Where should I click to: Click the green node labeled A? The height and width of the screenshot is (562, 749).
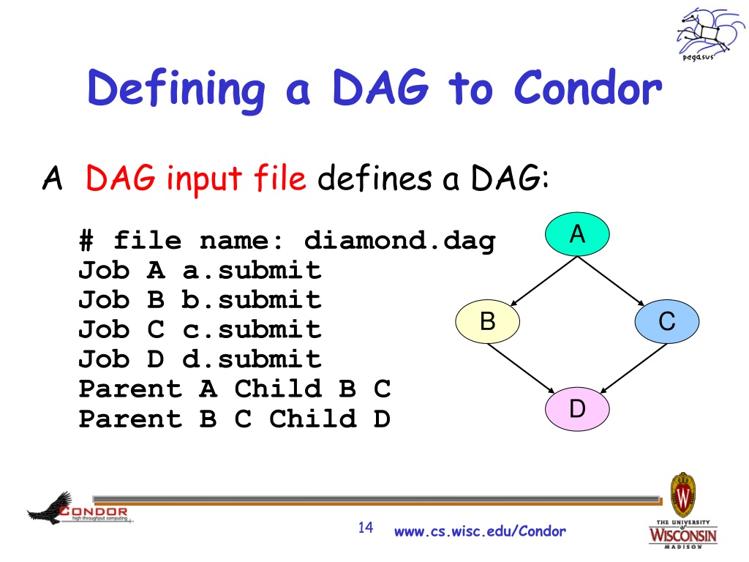click(x=577, y=234)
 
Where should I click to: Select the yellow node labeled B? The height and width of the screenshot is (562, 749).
click(x=487, y=321)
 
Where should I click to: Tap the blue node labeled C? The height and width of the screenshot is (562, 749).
click(x=667, y=321)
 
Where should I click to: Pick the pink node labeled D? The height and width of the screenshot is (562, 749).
click(x=577, y=408)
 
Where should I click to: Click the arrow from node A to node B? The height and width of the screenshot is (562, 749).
click(x=543, y=281)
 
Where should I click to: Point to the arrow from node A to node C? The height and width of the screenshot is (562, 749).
click(x=611, y=281)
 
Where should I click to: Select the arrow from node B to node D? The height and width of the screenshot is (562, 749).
click(x=521, y=369)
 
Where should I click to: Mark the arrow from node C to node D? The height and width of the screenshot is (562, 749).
click(x=633, y=369)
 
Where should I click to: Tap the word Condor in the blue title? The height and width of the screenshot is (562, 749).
click(x=588, y=88)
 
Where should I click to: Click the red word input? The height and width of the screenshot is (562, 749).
click(x=204, y=180)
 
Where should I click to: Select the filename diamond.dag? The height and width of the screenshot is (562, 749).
click(x=400, y=241)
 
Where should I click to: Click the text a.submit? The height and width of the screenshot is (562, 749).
click(x=252, y=271)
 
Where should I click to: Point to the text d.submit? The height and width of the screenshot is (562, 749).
click(x=252, y=359)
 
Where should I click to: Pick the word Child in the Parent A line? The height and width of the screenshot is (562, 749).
click(x=278, y=389)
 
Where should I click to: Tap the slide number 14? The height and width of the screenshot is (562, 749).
click(x=366, y=528)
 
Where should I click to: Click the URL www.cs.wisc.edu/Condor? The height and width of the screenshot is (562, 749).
click(x=480, y=531)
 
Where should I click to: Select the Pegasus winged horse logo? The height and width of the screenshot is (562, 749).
click(x=709, y=34)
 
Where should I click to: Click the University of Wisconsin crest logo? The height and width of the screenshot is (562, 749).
click(x=683, y=510)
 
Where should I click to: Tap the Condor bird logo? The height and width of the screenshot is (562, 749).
click(x=79, y=509)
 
